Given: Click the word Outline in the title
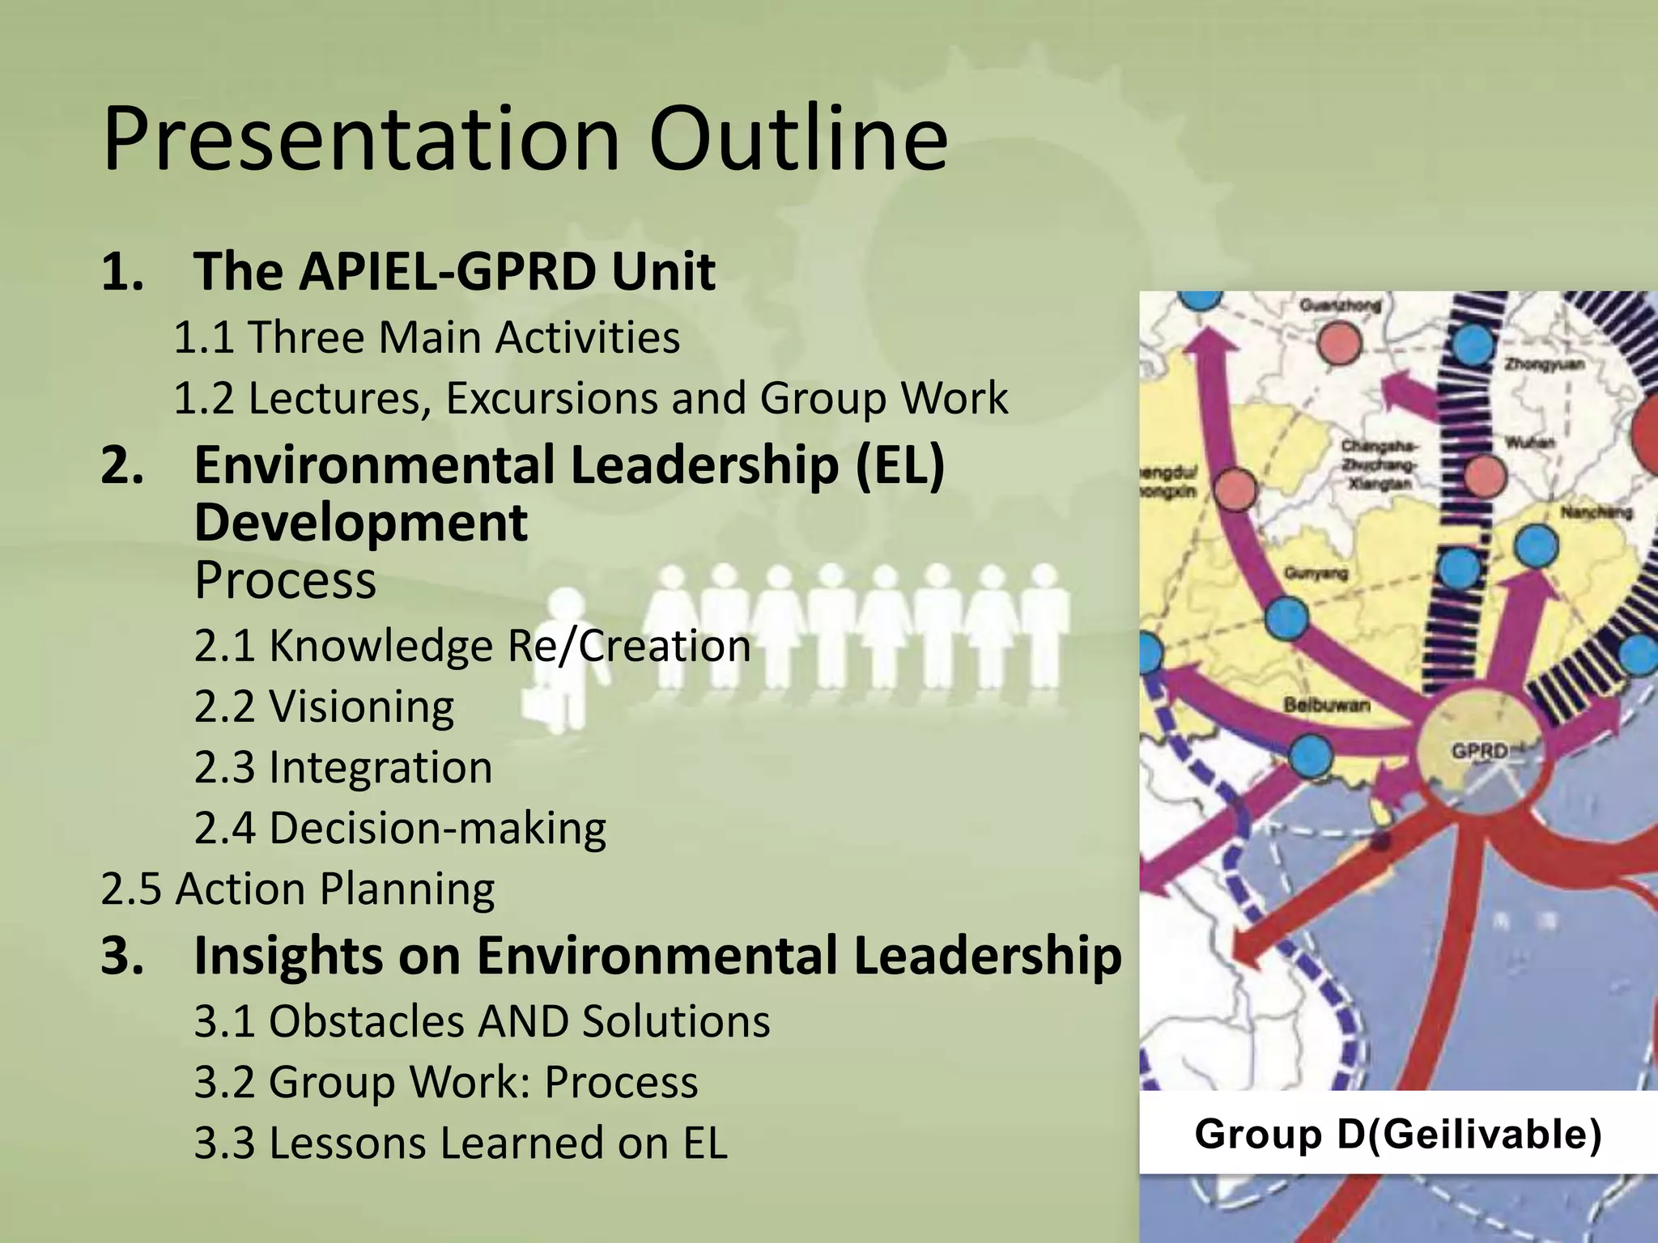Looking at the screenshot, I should pos(797,139).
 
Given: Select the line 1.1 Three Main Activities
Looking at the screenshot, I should pos(427,337).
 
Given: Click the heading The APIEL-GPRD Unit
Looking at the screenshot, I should pos(453,271).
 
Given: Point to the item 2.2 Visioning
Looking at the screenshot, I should pos(324,706).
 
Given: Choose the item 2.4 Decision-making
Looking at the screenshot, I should pos(400,828).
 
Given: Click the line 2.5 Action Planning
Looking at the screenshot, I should pos(298,889).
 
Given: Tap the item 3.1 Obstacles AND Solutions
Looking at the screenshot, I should pos(482,1021).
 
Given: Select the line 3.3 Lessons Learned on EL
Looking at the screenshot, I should pos(461,1143).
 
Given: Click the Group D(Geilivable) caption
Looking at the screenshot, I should pos(1398,1134).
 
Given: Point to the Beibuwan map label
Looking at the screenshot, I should pos(1326,706).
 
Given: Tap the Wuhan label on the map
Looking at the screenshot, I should pos(1529,443).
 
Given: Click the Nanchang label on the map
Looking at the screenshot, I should pos(1595,512).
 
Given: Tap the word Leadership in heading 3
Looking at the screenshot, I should pos(987,956).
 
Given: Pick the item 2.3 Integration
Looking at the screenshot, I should pos(343,767).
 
